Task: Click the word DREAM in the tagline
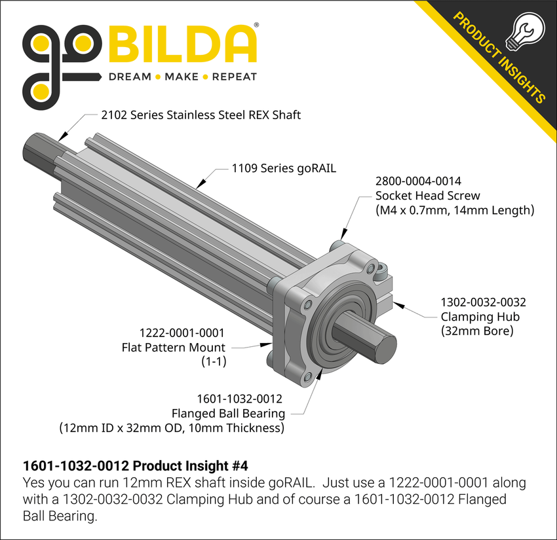129,77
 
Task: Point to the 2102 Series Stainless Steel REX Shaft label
201,115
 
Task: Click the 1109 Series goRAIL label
284,168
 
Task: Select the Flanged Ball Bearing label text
228,413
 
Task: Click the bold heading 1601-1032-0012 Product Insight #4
135,466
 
